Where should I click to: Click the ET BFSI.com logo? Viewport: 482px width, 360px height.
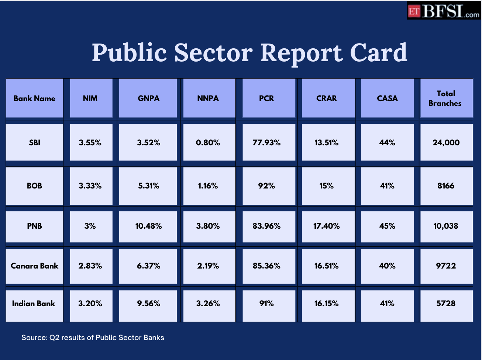444,10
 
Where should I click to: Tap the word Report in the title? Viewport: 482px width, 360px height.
301,52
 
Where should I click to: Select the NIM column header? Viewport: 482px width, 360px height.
90,98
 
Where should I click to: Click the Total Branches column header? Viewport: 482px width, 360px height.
445,98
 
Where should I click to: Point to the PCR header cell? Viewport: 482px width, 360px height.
266,98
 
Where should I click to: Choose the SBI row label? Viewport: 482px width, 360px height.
34,143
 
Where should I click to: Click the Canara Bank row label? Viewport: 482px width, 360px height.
34,266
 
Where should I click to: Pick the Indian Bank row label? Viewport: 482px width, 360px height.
34,304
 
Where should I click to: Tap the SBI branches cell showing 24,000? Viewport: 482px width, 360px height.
446,143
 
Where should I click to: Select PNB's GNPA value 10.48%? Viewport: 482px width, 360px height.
148,226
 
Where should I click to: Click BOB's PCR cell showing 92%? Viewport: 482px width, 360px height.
266,186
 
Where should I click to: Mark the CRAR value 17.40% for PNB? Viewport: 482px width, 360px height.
326,226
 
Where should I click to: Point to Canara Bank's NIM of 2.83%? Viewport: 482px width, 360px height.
90,266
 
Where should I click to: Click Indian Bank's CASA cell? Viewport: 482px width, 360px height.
387,304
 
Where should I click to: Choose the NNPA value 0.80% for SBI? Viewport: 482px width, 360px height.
208,143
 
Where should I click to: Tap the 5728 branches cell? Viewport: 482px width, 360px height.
446,304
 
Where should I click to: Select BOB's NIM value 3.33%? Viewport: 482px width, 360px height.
90,186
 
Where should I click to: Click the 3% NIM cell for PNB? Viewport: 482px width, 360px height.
90,226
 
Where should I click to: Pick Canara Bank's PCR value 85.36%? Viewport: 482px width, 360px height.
266,266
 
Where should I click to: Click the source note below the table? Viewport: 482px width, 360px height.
93,337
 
